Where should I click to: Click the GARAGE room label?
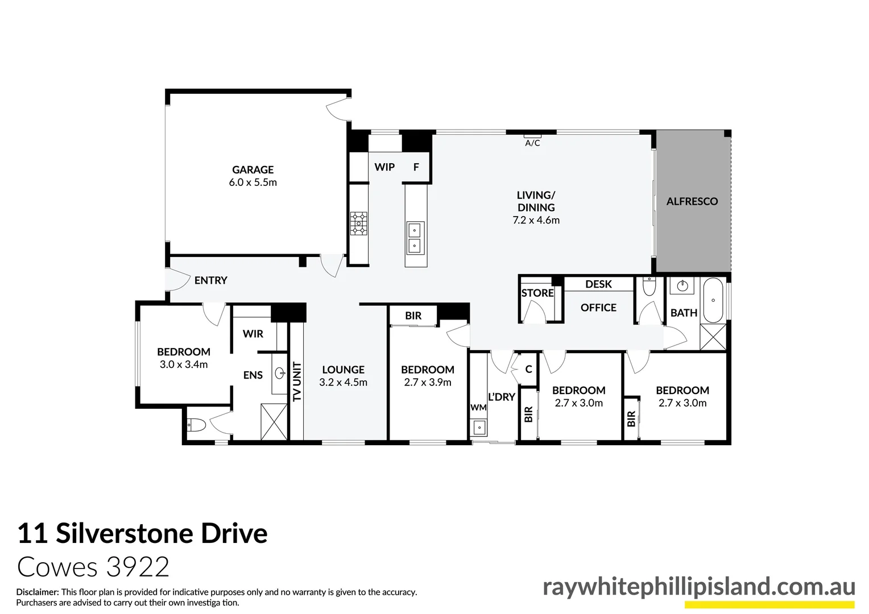click(253, 169)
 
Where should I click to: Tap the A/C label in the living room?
click(532, 143)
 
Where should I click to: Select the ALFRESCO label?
click(692, 201)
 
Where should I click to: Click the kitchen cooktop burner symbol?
click(359, 223)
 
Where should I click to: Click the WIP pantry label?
click(384, 167)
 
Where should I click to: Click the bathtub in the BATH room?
click(713, 300)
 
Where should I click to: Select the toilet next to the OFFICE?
click(649, 287)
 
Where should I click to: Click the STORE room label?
click(537, 293)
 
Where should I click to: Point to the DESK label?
click(598, 284)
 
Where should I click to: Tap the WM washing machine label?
click(478, 408)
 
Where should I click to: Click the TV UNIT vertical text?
click(297, 381)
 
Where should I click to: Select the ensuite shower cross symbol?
click(274, 422)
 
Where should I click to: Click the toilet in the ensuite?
click(196, 425)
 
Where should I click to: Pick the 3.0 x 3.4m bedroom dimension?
click(184, 364)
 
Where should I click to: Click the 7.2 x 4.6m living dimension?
click(536, 221)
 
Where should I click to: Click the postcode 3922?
click(137, 567)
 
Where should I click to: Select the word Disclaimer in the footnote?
click(37, 592)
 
